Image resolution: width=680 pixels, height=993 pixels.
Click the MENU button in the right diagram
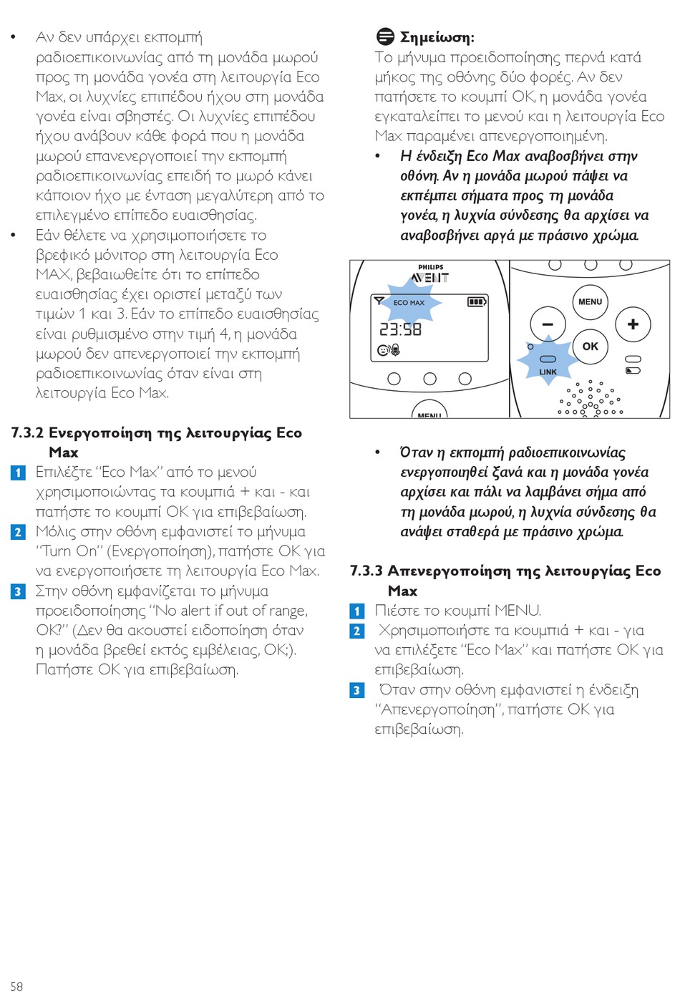[x=590, y=301]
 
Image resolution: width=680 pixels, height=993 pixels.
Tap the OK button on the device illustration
[x=590, y=347]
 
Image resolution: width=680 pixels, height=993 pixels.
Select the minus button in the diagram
[x=548, y=324]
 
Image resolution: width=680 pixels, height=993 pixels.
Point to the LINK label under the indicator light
[x=548, y=372]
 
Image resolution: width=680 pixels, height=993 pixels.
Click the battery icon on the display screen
[x=477, y=302]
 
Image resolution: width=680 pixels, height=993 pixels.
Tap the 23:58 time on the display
[x=400, y=329]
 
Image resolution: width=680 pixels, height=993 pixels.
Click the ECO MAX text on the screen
[x=409, y=303]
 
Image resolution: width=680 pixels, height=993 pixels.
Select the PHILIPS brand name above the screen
[x=430, y=267]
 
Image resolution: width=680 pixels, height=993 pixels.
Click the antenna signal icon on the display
[x=379, y=301]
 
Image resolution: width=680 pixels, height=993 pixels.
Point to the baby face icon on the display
[x=384, y=350]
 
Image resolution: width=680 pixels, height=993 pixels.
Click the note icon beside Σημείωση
[x=385, y=37]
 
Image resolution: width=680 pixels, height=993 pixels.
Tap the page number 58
[x=16, y=986]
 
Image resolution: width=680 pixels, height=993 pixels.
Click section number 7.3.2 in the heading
[x=27, y=433]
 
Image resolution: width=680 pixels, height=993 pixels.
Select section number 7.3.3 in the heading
[x=366, y=571]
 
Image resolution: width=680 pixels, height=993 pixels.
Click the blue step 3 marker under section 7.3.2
[x=18, y=591]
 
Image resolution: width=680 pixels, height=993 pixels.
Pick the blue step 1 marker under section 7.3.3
[x=357, y=611]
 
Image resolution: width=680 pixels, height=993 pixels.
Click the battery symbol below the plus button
[x=633, y=371]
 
